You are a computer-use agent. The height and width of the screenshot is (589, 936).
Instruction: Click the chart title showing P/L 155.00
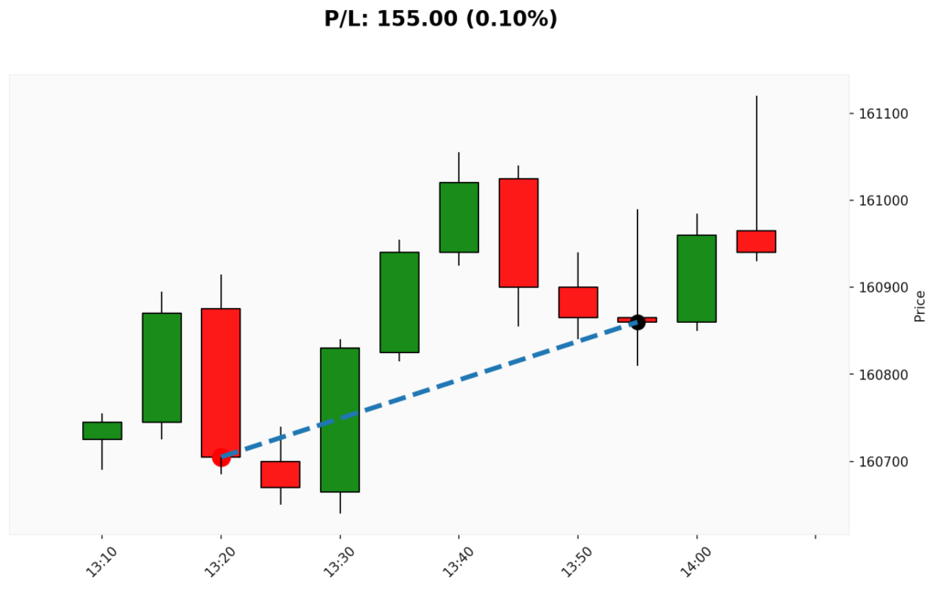coord(441,18)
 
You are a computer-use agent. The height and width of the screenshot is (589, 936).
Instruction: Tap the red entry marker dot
coord(221,456)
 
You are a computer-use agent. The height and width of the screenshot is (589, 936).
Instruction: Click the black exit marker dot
coord(637,322)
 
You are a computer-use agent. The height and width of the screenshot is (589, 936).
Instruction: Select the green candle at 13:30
coord(340,420)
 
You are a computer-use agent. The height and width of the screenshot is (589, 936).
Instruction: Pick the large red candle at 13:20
coord(221,382)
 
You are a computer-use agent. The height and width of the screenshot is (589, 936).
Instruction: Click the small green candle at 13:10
coord(101,431)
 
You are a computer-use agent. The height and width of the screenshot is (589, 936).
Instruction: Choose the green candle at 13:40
coord(459,218)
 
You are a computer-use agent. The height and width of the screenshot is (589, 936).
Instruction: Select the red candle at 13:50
coord(578,303)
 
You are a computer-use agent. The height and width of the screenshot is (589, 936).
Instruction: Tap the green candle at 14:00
coord(697,279)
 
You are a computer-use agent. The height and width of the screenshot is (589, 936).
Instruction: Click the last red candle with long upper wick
coord(756,241)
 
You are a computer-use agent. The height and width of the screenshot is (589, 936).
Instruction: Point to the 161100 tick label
coord(883,114)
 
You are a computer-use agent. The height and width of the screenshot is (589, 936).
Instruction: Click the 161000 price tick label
coord(883,201)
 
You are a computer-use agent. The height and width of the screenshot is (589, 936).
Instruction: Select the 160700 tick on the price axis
coord(883,462)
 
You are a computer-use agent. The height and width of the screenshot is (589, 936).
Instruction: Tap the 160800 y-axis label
coord(883,375)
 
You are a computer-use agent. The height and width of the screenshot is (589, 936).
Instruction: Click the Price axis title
coord(920,305)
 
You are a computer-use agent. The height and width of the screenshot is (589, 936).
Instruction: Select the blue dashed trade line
coord(430,389)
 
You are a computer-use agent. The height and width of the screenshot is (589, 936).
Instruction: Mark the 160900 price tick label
coord(883,288)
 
